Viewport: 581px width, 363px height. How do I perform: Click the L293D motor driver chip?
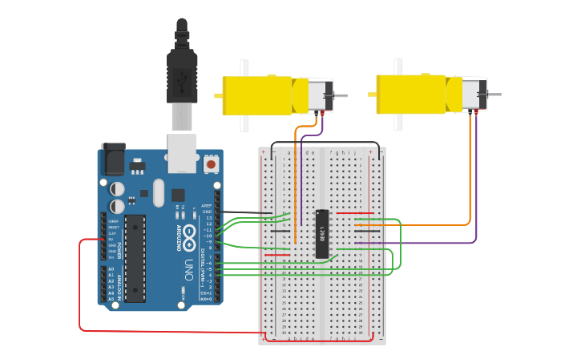tap(322, 234)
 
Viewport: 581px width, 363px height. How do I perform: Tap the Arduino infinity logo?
tap(189, 235)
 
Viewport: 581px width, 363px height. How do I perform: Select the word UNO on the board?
tap(189, 267)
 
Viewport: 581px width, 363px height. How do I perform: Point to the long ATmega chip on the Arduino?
tap(135, 257)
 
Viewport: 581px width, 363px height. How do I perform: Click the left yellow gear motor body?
tap(256, 95)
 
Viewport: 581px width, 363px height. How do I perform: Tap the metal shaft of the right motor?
tap(495, 95)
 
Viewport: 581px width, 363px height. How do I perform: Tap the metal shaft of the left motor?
tap(341, 95)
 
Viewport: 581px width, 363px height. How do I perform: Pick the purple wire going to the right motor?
tap(476, 184)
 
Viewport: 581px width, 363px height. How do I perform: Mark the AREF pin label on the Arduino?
tap(207, 205)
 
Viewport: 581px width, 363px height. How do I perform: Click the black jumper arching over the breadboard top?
tap(321, 143)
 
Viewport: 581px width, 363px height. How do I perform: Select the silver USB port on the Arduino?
tap(182, 152)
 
